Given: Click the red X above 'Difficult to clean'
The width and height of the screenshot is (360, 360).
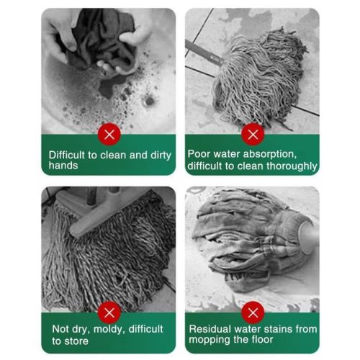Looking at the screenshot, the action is click(109, 134).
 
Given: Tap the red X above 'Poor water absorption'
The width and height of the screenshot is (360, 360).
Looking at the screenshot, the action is click(253, 134).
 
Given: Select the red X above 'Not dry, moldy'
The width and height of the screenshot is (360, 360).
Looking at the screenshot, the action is click(109, 312).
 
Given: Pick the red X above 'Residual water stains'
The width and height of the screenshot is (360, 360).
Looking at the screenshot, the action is click(253, 312).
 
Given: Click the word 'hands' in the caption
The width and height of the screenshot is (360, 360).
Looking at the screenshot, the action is click(63, 166).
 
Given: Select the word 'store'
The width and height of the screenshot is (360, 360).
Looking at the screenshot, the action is click(77, 341).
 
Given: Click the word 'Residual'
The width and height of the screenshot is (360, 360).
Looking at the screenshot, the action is click(210, 329).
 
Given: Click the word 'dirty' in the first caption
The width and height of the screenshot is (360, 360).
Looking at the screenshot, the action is click(161, 156).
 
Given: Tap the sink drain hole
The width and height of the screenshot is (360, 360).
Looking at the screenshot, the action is click(149, 101).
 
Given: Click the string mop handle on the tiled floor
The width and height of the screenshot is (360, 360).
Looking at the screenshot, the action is click(204, 53).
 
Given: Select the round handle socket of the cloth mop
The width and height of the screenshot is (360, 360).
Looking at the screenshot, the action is click(309, 236).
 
